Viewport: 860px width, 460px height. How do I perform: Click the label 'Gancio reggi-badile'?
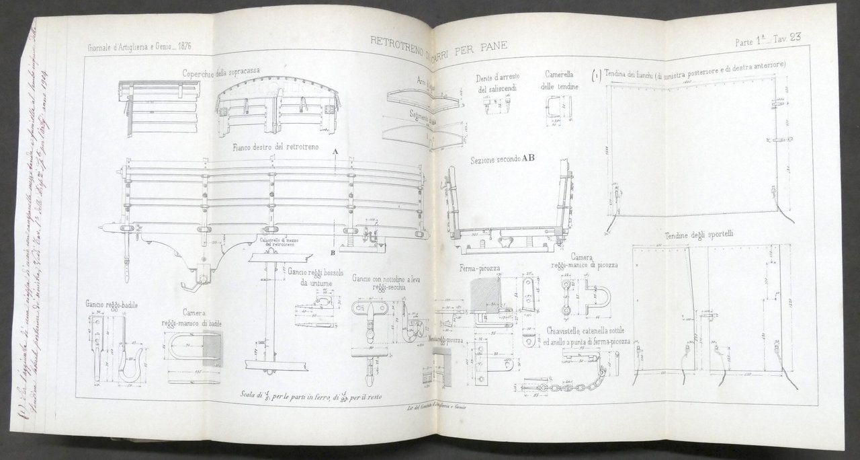pos(112,305)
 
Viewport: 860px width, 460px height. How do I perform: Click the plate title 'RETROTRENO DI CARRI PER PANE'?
pos(439,46)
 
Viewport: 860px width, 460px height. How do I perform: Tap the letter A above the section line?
pos(335,153)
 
